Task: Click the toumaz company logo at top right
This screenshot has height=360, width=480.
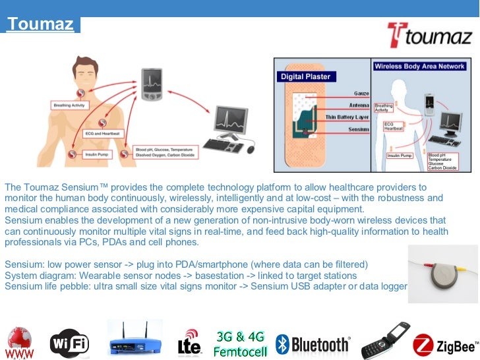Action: (x=429, y=36)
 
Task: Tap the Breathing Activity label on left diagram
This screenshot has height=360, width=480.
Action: (x=70, y=105)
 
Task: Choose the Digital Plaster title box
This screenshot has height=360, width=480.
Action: (x=305, y=76)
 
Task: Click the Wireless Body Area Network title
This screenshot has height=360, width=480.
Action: (x=420, y=66)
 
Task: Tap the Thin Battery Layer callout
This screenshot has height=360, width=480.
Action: (x=347, y=117)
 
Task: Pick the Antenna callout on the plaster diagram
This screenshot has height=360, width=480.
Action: (x=357, y=105)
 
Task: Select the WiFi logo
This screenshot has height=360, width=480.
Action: (x=69, y=342)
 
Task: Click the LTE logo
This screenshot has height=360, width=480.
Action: (x=190, y=342)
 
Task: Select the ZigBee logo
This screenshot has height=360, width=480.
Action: (x=446, y=344)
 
